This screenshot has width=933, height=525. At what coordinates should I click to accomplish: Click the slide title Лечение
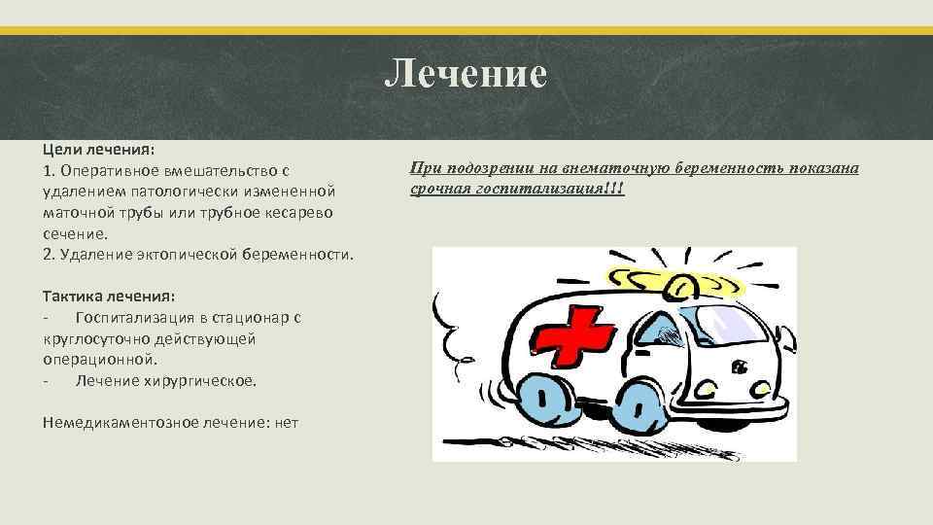point(466,74)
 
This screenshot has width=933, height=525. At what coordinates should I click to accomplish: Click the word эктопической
point(190,254)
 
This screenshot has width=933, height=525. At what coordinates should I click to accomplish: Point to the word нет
point(286,422)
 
